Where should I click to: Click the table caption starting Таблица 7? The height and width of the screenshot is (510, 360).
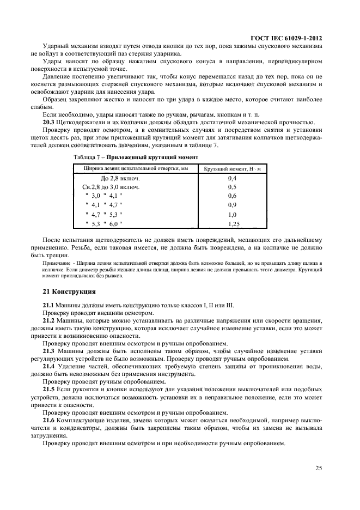[136, 157]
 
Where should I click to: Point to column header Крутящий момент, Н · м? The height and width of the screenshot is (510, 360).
[233, 169]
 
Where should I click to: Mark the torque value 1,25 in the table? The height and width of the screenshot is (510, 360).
[234, 224]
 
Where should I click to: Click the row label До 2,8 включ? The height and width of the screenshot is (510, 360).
[120, 178]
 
